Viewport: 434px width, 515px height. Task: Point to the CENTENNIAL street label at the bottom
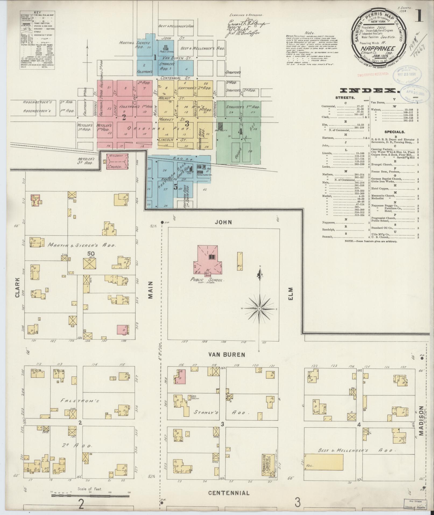229,493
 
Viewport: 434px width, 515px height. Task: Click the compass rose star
259,309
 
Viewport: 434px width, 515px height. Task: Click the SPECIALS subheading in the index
394,132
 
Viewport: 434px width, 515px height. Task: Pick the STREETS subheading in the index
345,98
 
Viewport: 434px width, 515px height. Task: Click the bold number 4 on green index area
240,132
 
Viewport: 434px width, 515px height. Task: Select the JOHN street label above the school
224,222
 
